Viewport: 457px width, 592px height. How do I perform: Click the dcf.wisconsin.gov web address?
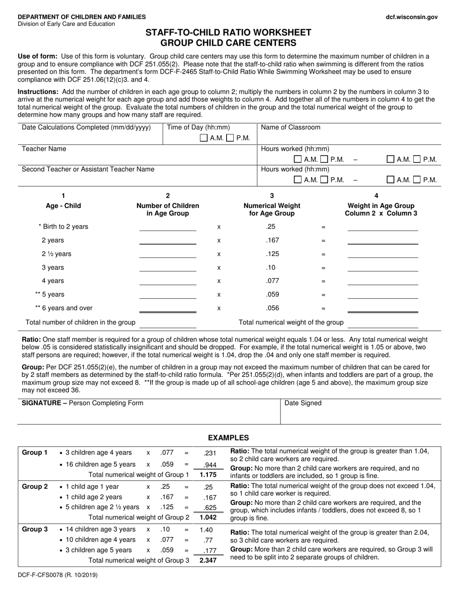tap(412, 17)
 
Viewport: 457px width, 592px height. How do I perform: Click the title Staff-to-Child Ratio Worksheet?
tap(228, 33)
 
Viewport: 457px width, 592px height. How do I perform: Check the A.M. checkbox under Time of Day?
tap(203, 138)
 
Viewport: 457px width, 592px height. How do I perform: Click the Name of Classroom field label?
tap(291, 128)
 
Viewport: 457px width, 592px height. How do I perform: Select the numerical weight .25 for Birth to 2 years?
tap(270, 227)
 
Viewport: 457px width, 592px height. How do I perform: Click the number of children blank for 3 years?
tap(167, 268)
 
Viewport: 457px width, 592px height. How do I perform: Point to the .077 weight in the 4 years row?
tap(272, 281)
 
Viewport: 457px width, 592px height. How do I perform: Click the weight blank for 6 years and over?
tap(382, 309)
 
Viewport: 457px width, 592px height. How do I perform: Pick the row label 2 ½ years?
tap(56, 254)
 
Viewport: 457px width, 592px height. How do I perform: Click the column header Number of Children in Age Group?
tap(167, 209)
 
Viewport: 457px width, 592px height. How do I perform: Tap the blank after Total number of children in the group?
tap(167, 323)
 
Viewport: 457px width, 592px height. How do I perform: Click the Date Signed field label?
tap(303, 403)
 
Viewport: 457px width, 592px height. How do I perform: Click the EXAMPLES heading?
tap(228, 438)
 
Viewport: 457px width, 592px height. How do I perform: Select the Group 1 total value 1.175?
tap(208, 475)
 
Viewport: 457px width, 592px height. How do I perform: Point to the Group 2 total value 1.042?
tap(208, 517)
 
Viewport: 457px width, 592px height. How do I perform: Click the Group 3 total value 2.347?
tap(208, 561)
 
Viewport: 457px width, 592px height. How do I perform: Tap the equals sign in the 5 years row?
tap(323, 295)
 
